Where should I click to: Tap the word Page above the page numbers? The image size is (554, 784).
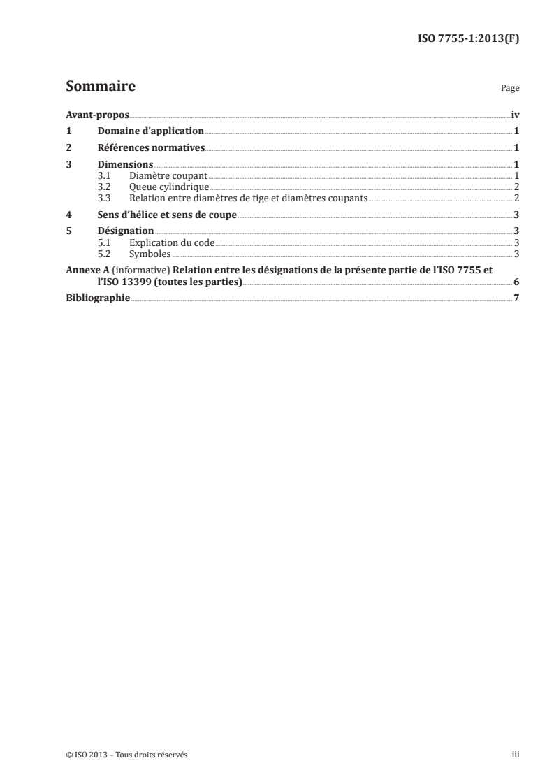click(x=510, y=89)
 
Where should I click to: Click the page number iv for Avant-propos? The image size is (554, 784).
click(x=515, y=115)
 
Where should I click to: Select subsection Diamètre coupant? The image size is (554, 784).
click(x=168, y=175)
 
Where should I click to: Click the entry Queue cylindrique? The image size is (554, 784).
click(x=169, y=187)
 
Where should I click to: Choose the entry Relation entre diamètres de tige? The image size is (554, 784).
click(x=248, y=198)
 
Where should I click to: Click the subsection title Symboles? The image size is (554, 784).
click(x=150, y=254)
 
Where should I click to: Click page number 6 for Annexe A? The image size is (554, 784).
click(x=516, y=282)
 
